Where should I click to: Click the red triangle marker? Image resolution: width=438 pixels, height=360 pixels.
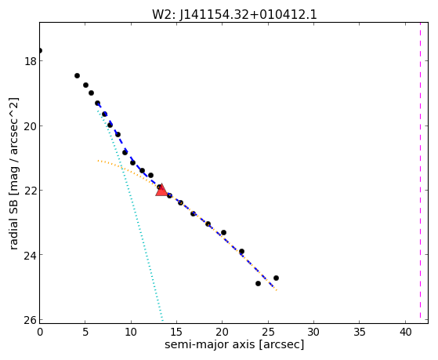pos(161,191)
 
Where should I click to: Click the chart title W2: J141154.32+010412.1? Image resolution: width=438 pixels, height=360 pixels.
pos(234,15)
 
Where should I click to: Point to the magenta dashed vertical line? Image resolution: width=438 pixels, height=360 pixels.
pos(420,171)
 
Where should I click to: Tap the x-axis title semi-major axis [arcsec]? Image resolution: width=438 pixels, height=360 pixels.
pos(234,344)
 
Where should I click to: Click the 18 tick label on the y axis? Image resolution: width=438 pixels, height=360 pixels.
pos(31,61)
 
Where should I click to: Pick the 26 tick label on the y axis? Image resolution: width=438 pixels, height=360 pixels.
pos(31,319)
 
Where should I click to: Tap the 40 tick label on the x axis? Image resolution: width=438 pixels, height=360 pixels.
pos(405,333)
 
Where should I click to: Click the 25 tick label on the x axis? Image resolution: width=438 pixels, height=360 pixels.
pos(268,333)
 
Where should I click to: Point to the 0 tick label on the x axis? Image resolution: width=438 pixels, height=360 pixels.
pos(40,333)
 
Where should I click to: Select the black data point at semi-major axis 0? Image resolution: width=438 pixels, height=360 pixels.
pos(40,51)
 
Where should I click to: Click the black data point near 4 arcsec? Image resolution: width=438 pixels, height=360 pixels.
pos(77,75)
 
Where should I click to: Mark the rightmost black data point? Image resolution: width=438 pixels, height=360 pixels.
pos(276,278)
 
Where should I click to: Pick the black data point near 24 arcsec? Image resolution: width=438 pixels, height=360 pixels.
pos(258,283)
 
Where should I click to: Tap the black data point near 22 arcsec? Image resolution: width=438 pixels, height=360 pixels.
pos(241,251)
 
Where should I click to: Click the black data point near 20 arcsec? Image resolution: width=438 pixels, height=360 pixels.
pos(223,232)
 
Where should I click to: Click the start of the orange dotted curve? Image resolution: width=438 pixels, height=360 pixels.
pos(98,161)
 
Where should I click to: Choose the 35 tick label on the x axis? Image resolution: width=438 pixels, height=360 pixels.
pos(360,333)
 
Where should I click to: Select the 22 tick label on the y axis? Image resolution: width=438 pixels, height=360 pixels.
pos(31,191)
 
